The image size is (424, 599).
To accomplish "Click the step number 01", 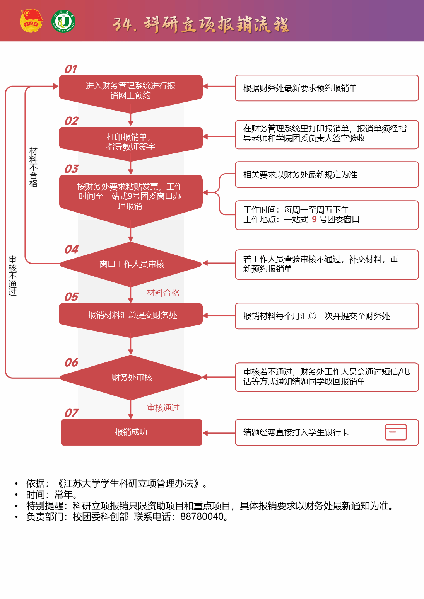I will point(71,69).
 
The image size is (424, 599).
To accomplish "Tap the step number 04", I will point(72,249).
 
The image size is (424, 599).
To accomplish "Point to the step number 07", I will point(72,413).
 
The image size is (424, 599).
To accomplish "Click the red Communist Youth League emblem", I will point(31,21).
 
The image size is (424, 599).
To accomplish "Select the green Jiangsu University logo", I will point(63,21).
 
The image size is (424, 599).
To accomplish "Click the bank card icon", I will point(396,432).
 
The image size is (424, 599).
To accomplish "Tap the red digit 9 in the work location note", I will point(314,220).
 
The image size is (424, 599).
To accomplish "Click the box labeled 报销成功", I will point(131,432).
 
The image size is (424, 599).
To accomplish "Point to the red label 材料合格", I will point(163,293).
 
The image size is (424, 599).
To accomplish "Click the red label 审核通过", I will point(163,408).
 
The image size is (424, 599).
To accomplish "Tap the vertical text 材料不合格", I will point(34,167).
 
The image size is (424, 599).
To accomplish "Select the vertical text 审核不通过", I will point(13,276).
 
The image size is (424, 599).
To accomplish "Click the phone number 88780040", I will point(202,517).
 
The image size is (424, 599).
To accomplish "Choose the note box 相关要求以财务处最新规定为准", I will point(327,175).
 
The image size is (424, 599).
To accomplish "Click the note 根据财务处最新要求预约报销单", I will point(327,88).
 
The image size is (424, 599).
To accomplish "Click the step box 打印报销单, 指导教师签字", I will point(131,141).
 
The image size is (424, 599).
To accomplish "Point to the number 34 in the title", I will point(122,25).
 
